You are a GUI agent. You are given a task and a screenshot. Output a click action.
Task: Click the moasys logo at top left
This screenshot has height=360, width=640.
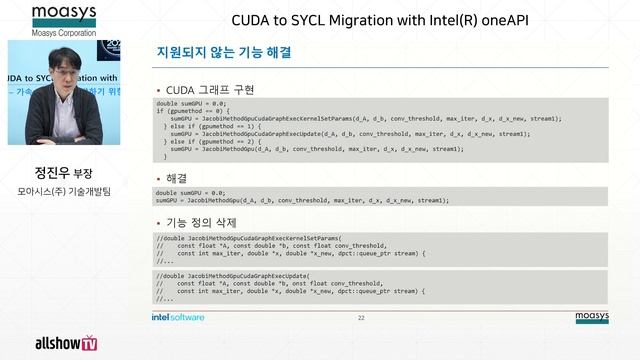point(61,14)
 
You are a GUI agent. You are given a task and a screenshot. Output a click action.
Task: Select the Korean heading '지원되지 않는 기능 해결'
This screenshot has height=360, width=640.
point(224,52)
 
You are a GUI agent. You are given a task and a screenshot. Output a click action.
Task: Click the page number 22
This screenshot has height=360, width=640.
point(361,317)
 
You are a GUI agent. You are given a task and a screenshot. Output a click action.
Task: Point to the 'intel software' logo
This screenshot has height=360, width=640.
point(178,317)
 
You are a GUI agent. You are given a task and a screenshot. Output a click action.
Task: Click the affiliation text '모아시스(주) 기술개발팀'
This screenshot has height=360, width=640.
point(63,190)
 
